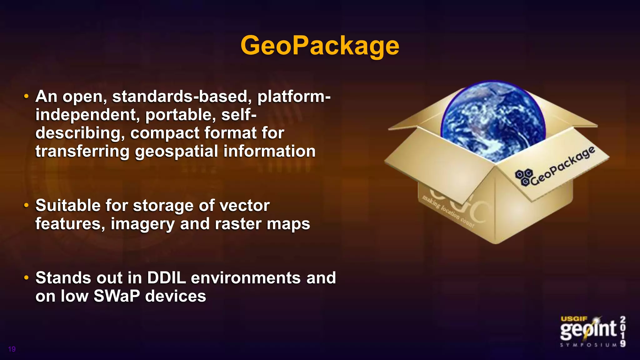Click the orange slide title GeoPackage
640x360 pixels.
click(x=320, y=46)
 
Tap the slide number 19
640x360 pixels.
click(x=12, y=349)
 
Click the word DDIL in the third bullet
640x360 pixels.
click(x=166, y=278)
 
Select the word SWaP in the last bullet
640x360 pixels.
click(x=117, y=296)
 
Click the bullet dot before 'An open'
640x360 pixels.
click(x=27, y=96)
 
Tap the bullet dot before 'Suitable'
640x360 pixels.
click(x=27, y=206)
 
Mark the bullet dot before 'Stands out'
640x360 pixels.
click(x=27, y=277)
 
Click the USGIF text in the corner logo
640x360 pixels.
click(x=574, y=319)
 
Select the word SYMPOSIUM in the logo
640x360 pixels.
click(x=588, y=345)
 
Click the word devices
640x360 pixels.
click(x=176, y=296)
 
